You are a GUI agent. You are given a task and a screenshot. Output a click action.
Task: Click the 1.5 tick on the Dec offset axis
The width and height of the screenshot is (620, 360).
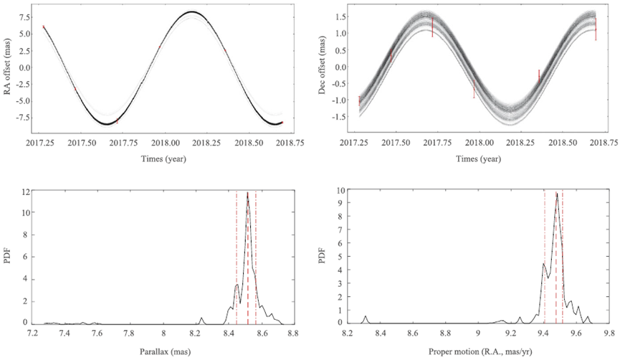[x=340, y=16]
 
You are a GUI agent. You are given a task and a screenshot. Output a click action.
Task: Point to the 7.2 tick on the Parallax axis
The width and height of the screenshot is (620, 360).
[x=32, y=333]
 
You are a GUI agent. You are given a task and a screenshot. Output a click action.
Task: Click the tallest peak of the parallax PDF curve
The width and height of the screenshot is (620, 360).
[x=247, y=192]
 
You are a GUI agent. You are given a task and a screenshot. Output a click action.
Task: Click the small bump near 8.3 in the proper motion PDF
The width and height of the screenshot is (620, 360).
[x=366, y=316]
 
